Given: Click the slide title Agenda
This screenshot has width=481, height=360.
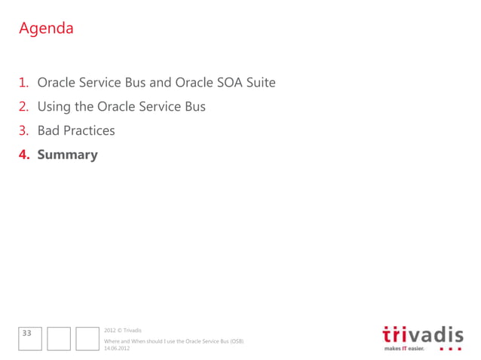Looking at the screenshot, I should click(x=46, y=29).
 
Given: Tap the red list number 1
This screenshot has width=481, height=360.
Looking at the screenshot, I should click(x=24, y=82).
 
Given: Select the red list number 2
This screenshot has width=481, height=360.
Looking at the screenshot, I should click(x=24, y=106).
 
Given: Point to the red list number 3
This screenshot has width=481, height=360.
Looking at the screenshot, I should click(x=24, y=130).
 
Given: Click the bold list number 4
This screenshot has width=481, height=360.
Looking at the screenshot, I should click(x=24, y=154).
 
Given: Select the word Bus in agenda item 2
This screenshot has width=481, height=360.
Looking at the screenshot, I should click(x=194, y=106).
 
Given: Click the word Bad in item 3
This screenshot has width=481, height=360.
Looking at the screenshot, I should click(x=48, y=130).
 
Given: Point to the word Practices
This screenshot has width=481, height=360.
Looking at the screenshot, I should click(x=89, y=130).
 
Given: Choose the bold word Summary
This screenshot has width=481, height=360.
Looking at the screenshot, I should click(x=68, y=154).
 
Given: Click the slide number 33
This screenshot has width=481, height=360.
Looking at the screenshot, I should click(x=28, y=332).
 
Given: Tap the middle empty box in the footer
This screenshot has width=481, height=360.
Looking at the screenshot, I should click(x=59, y=338).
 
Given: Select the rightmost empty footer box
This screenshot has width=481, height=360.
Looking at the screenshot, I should click(x=87, y=338).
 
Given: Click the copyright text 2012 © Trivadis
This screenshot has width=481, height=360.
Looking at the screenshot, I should click(x=122, y=331).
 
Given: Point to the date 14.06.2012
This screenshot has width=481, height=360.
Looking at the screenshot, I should click(x=117, y=348).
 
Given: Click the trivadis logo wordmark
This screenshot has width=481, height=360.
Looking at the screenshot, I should click(x=423, y=334).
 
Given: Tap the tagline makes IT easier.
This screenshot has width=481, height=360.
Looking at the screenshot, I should click(x=404, y=349).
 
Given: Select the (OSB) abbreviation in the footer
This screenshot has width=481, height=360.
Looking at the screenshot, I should click(x=236, y=341).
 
